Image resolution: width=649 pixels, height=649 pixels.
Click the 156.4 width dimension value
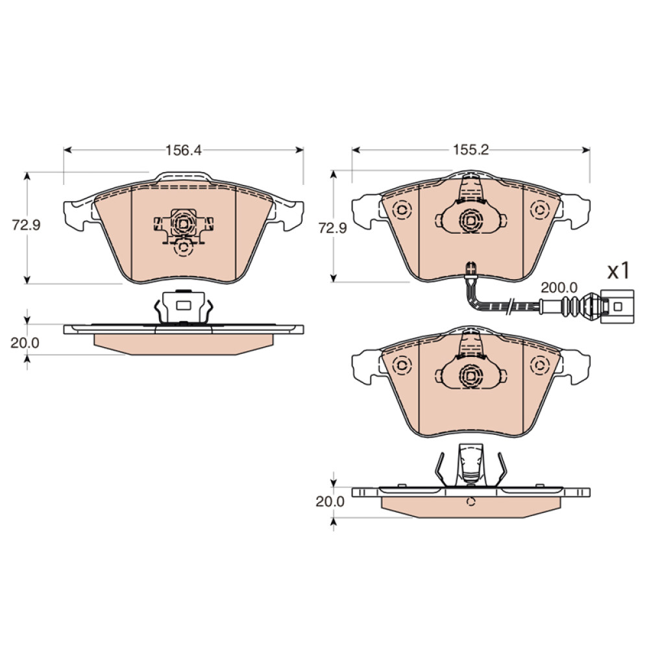[184, 150]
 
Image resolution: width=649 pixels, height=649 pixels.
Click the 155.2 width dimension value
[471, 149]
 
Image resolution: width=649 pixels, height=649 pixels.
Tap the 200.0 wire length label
[559, 288]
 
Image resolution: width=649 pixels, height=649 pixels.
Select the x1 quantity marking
[618, 271]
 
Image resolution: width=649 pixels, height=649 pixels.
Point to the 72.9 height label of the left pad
[26, 226]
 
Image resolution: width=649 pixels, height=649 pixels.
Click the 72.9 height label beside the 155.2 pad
[332, 228]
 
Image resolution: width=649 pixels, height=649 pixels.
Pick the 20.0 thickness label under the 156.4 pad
[25, 343]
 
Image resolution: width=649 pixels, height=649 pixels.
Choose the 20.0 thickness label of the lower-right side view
[330, 501]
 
